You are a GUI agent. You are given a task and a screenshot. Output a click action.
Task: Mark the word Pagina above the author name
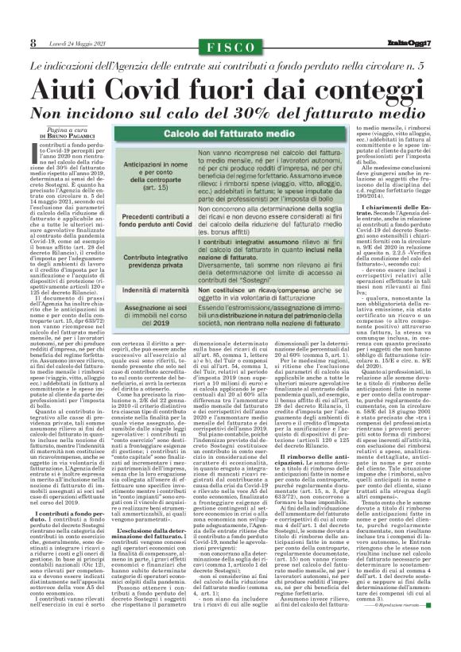point(58,129)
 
